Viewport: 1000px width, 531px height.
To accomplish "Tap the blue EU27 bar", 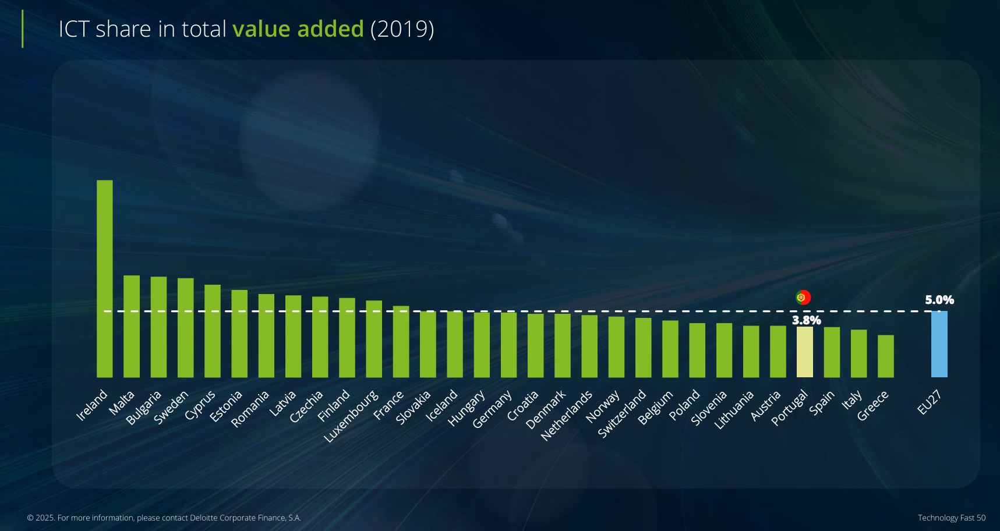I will pyautogui.click(x=939, y=344).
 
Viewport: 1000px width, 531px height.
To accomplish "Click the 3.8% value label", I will pyautogui.click(x=806, y=320).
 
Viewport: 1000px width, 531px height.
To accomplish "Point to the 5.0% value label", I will pyautogui.click(x=939, y=300).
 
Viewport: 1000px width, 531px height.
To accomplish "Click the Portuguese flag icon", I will pyautogui.click(x=803, y=298).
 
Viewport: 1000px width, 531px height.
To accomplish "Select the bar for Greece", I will pyautogui.click(x=885, y=356).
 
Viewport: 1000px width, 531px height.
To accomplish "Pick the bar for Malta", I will pyautogui.click(x=132, y=326).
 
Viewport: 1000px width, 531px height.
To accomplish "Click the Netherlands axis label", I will pyautogui.click(x=566, y=415).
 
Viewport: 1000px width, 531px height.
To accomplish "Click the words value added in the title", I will pyautogui.click(x=298, y=29).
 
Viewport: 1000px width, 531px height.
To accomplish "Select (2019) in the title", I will pyautogui.click(x=402, y=29).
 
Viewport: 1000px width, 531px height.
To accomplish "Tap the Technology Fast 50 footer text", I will pyautogui.click(x=951, y=518).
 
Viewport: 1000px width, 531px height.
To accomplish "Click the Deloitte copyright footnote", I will pyautogui.click(x=164, y=518).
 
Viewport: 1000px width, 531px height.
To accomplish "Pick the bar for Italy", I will pyautogui.click(x=858, y=353).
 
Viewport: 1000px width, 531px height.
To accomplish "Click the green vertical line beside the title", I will pyautogui.click(x=23, y=29).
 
